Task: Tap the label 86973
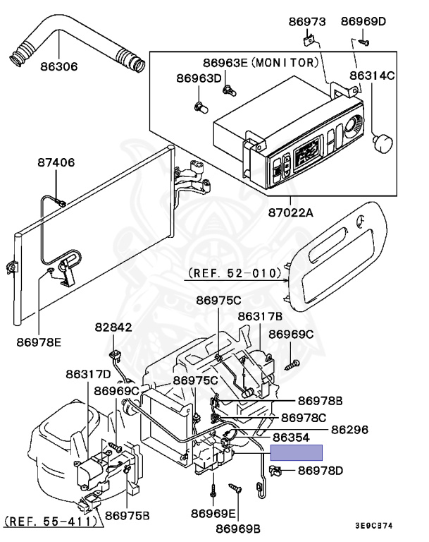click(306, 22)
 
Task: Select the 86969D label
click(363, 22)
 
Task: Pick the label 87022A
click(290, 212)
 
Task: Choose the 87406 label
click(56, 163)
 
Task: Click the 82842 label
click(113, 328)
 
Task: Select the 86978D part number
click(320, 470)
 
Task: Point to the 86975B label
click(128, 515)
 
